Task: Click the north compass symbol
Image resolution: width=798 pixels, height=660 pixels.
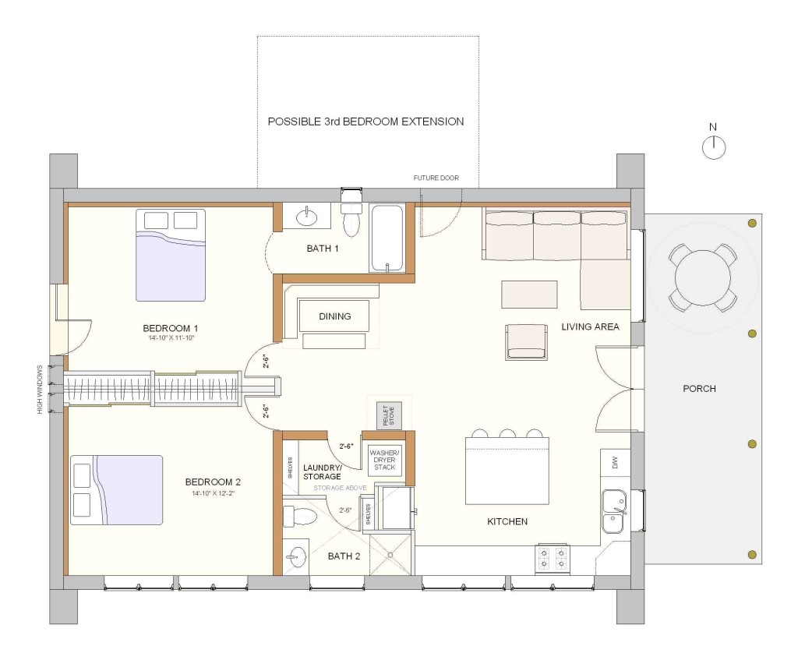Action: [714, 146]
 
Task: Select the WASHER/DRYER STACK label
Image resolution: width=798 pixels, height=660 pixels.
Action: [384, 460]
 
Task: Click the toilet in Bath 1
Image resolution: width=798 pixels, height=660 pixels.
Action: [352, 219]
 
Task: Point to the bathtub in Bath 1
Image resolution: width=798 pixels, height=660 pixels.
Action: [387, 238]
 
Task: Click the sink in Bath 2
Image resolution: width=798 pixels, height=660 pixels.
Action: [297, 556]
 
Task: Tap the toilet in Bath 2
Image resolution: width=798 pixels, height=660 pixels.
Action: [300, 516]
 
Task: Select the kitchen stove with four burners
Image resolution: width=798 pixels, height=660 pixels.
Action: [551, 559]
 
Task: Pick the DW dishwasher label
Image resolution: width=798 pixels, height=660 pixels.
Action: [615, 464]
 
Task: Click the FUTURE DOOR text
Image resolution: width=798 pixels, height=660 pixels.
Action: [436, 178]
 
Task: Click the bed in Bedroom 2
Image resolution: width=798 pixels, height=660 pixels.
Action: [117, 490]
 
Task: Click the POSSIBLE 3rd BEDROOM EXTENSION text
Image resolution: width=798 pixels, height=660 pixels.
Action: [365, 122]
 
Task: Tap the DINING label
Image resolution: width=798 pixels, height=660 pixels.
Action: [335, 316]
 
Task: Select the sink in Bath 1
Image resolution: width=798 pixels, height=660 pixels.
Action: [308, 214]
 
